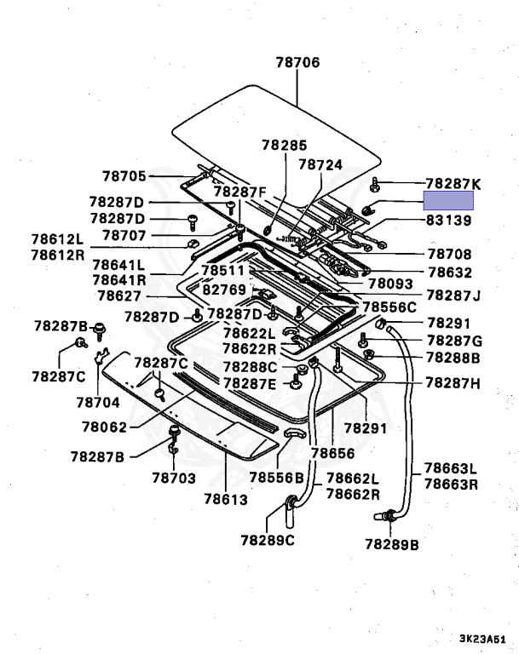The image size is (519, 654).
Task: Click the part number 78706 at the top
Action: (x=297, y=62)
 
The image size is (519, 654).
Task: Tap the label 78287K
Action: (x=453, y=183)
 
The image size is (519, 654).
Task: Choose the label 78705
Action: (x=125, y=176)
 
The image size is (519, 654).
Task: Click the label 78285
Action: (x=284, y=146)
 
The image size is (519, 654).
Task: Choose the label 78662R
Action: (x=354, y=494)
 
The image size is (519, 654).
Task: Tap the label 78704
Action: (x=98, y=401)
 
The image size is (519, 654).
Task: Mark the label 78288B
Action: (x=453, y=358)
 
